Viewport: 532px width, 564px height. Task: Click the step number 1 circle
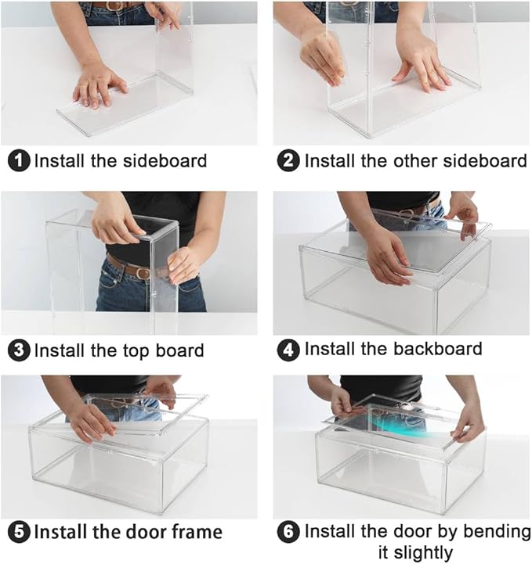point(19,161)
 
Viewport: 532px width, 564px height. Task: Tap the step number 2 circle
point(288,161)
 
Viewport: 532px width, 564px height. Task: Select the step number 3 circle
point(19,350)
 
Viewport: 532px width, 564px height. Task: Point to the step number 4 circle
point(288,350)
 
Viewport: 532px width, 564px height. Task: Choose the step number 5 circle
point(19,532)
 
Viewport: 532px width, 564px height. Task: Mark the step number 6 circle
point(288,532)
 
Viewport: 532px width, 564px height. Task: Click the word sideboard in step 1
point(165,160)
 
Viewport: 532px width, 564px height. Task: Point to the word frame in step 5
point(197,531)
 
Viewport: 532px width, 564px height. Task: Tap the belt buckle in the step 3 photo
point(143,273)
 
